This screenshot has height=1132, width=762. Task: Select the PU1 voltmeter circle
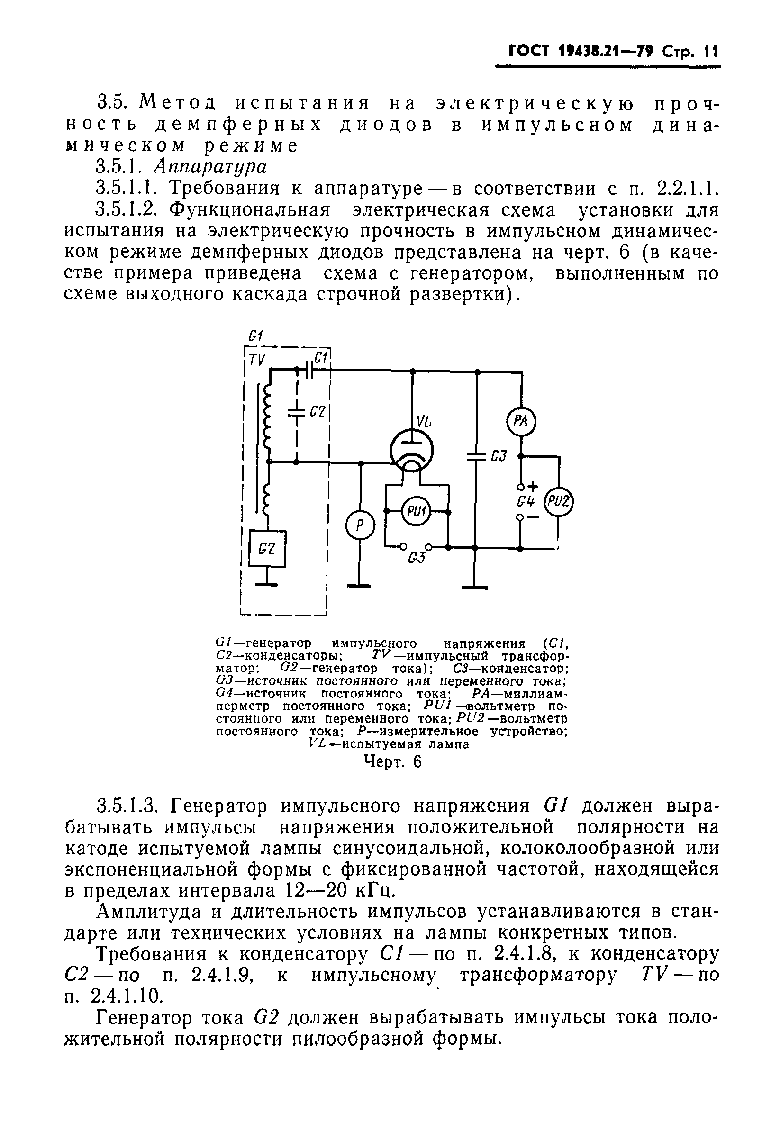[416, 512]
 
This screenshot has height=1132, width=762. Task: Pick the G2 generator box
[267, 549]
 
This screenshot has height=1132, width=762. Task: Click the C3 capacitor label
[499, 457]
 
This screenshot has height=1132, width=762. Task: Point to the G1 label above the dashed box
[255, 335]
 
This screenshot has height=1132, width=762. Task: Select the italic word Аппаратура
[210, 167]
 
